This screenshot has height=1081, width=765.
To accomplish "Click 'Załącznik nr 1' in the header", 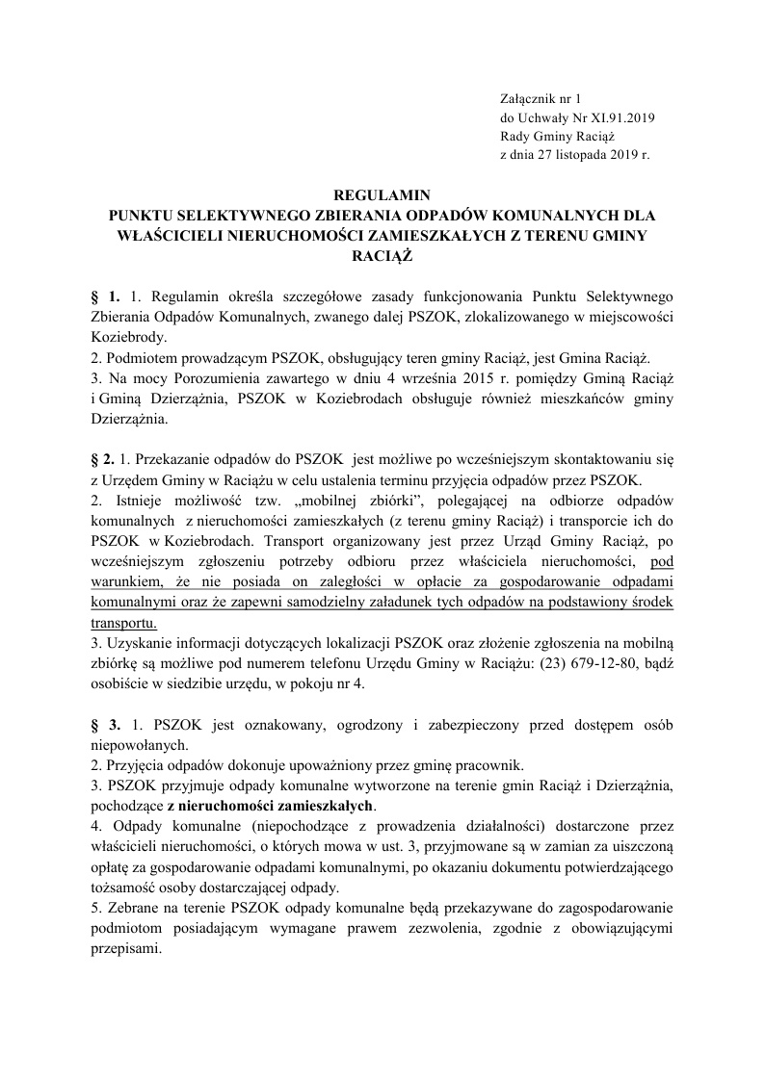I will point(542,98).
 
